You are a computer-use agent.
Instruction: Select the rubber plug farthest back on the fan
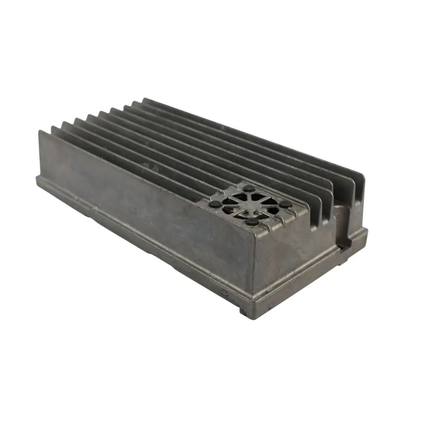pos(249,189)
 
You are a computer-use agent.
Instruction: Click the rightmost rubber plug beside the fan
pos(286,204)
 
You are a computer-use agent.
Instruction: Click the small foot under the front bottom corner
pos(244,312)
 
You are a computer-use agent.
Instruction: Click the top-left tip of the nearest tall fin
pos(40,131)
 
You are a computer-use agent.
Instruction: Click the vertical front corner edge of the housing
pos(253,269)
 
